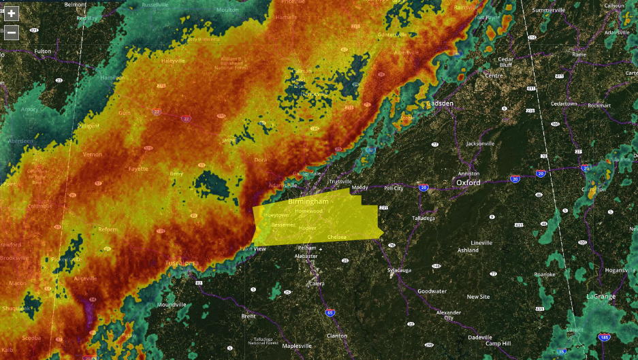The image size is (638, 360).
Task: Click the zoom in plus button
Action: [12, 14]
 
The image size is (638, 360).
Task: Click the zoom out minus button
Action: [12, 32]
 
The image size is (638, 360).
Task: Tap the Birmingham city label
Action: [308, 202]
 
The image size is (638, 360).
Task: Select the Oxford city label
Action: [468, 182]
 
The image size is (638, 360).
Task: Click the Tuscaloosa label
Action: [181, 263]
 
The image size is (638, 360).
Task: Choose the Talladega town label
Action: [423, 218]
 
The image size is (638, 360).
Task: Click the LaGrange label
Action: [600, 296]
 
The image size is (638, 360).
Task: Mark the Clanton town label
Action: [336, 336]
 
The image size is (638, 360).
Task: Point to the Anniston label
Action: [468, 174]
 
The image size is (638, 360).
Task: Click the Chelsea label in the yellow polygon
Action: [336, 237]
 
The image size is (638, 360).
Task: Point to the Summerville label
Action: [549, 10]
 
